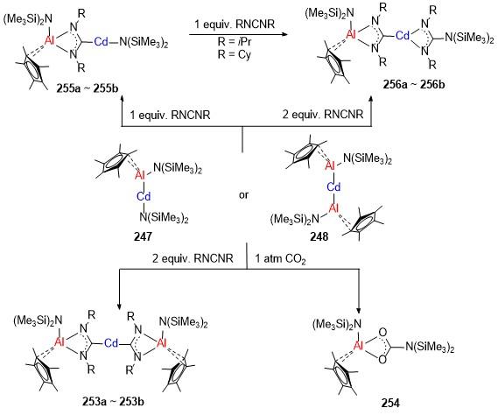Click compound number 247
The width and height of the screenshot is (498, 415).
pyautogui.click(x=143, y=236)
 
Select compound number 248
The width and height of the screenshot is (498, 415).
pyautogui.click(x=319, y=236)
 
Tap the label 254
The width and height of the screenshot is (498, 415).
pyautogui.click(x=390, y=403)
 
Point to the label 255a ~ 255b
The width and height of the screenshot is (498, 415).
pyautogui.click(x=88, y=88)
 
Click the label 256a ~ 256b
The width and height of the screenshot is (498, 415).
pyautogui.click(x=414, y=85)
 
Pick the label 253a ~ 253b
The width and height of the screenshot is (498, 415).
pyautogui.click(x=113, y=402)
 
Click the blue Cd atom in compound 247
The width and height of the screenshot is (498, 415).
pyautogui.click(x=144, y=197)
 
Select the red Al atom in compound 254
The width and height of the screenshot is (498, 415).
pyautogui.click(x=358, y=346)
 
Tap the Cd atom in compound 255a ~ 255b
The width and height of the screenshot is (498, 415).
pyautogui.click(x=102, y=41)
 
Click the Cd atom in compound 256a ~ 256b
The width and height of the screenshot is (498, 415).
pyautogui.click(x=403, y=35)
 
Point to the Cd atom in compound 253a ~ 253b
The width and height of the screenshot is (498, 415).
pyautogui.click(x=111, y=343)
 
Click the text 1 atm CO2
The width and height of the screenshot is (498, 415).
pyautogui.click(x=280, y=259)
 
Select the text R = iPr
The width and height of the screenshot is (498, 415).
pyautogui.click(x=235, y=42)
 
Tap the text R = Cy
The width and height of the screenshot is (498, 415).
pyautogui.click(x=235, y=54)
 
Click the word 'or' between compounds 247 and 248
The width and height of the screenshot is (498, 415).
pyautogui.click(x=243, y=194)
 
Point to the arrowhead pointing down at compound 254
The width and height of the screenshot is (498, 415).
pyautogui.click(x=359, y=310)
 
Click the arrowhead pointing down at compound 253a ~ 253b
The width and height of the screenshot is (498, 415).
pyautogui.click(x=119, y=306)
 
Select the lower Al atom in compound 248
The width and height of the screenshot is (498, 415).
pyautogui.click(x=333, y=208)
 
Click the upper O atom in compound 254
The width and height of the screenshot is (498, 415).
pyautogui.click(x=383, y=333)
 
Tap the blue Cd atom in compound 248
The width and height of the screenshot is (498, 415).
pyautogui.click(x=333, y=186)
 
